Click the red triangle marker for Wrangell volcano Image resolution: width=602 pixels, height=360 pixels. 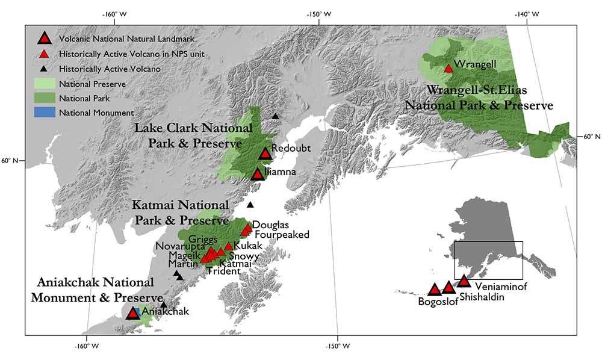448,68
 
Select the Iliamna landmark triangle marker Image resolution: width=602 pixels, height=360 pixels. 258,175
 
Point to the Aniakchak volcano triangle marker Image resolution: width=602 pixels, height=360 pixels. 133,313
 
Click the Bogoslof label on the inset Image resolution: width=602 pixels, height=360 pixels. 438,302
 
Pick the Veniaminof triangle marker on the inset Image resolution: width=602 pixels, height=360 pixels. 463,281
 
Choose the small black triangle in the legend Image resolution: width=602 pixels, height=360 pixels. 44,69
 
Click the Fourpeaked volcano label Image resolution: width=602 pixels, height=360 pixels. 282,234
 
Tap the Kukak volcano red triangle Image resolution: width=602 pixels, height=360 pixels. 229,246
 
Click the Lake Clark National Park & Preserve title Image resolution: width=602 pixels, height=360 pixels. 188,136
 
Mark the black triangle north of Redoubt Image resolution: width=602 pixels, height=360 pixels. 275,116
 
